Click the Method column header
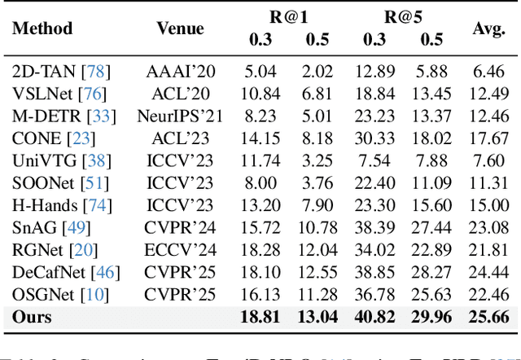click(42, 29)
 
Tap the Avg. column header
click(490, 29)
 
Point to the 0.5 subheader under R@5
click(431, 39)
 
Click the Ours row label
click(32, 316)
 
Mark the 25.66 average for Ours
click(490, 316)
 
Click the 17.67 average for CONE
click(490, 137)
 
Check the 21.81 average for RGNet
click(490, 248)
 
